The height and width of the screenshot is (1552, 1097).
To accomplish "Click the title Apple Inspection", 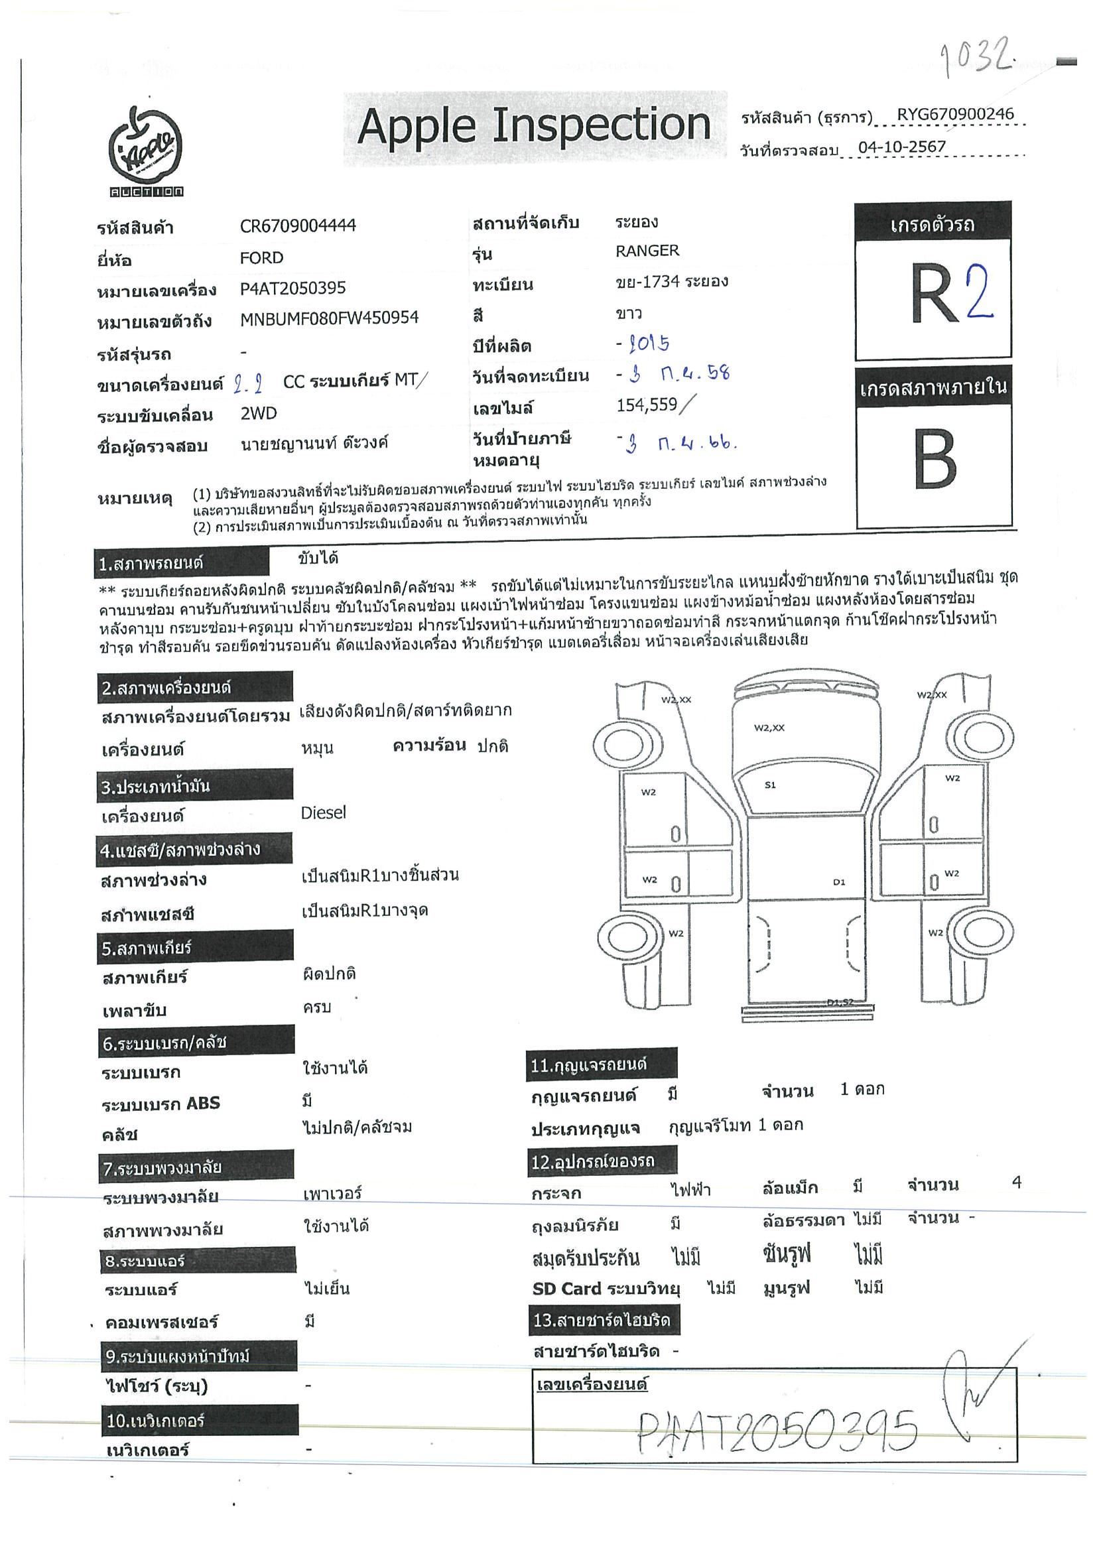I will [534, 127].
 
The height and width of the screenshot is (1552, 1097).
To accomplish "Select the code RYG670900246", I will [955, 114].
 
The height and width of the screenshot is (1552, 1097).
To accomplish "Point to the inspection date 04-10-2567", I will [901, 147].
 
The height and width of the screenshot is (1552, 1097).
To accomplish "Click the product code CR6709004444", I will [297, 226].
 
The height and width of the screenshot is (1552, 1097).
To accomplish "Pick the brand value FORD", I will [261, 258].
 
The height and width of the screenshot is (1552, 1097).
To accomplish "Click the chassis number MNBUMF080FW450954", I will [329, 318].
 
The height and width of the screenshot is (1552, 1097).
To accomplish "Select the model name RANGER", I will [647, 251].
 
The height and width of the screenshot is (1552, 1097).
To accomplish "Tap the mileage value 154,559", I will [647, 405].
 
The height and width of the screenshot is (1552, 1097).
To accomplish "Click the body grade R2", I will [951, 294].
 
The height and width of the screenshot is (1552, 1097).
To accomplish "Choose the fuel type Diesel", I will [323, 812].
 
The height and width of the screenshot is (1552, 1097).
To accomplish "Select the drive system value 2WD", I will [258, 414].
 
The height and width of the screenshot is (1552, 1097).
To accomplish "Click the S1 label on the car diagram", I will [770, 785].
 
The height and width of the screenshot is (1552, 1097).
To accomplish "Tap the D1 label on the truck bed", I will [839, 881].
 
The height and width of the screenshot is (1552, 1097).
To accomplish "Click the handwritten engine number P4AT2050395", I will [777, 1432].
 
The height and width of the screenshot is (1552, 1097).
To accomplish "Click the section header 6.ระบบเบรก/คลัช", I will [196, 1043].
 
